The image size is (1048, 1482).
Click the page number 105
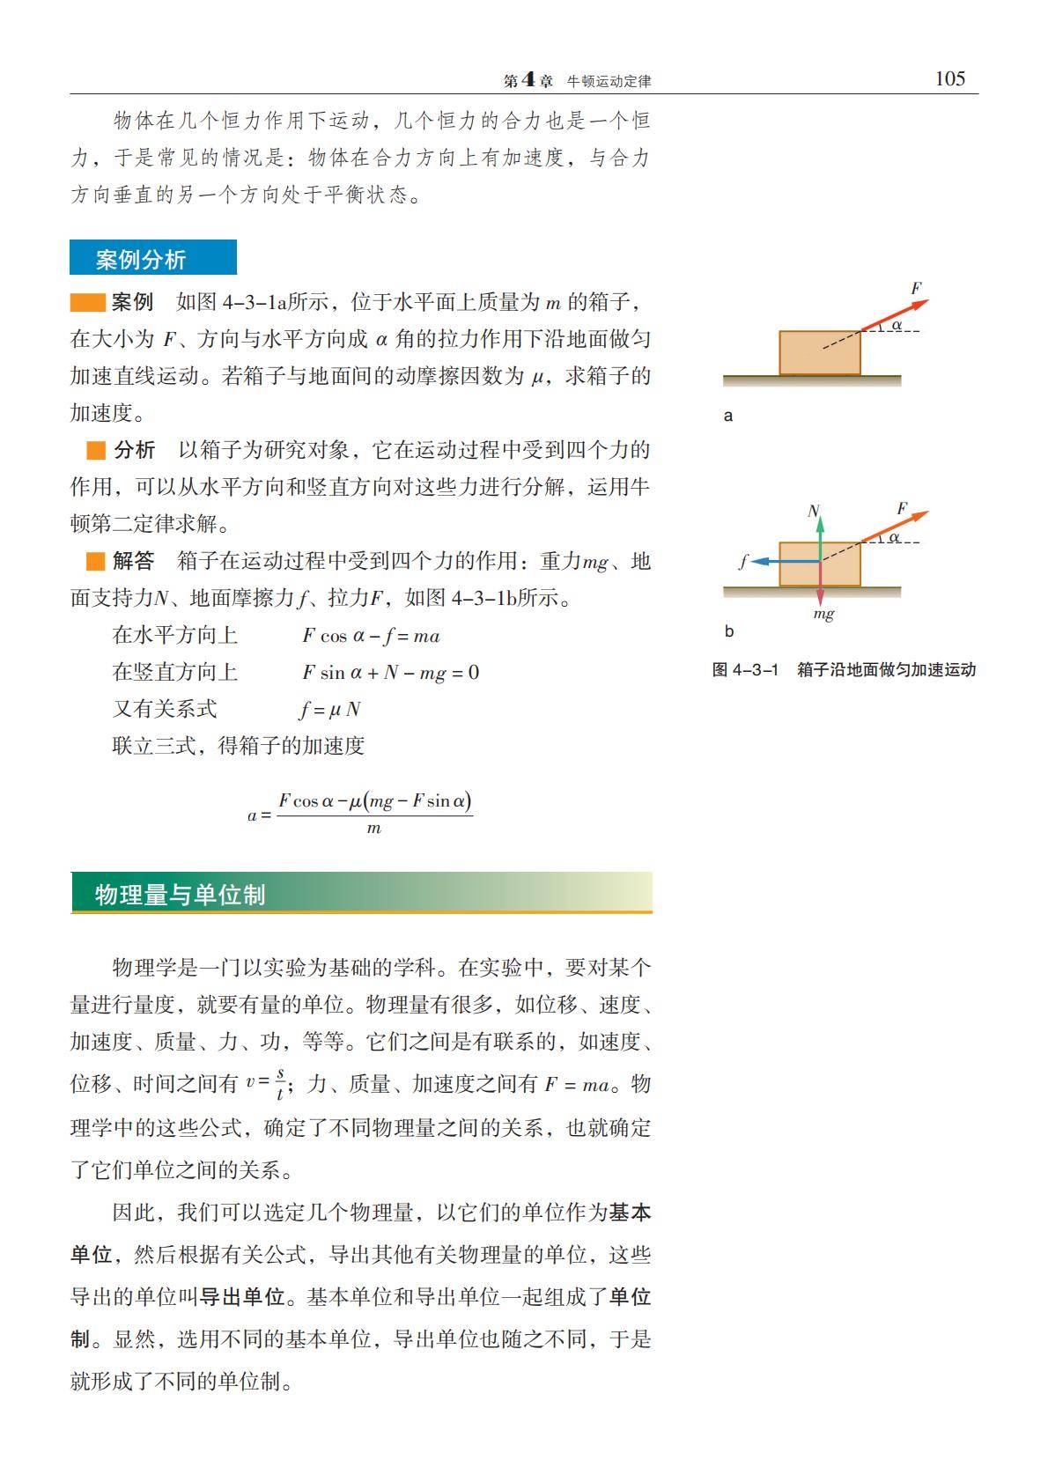point(949,79)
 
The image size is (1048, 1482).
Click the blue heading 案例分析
point(141,260)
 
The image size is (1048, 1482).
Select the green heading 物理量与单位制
point(180,895)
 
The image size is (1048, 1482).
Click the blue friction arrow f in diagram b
point(775,561)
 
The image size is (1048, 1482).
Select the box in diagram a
point(819,352)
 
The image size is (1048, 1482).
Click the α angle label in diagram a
point(897,325)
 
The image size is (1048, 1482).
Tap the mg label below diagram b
point(823,614)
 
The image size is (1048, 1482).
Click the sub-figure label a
point(727,416)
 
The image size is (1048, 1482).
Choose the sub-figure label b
point(728,631)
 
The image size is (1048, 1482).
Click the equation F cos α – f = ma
point(371,636)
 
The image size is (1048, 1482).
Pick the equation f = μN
point(330,710)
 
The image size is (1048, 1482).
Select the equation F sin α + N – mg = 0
point(390,673)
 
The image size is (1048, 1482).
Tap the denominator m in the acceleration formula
point(373,829)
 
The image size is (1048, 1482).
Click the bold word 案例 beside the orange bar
point(133,302)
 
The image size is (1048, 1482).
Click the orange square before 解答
point(95,561)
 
